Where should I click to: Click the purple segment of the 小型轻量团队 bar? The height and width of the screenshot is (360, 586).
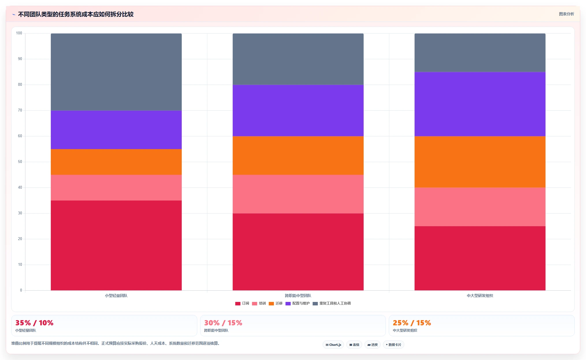click(x=116, y=130)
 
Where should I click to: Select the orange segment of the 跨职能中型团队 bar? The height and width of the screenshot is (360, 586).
click(x=298, y=155)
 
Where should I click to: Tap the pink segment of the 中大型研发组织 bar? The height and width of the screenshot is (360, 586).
click(x=480, y=207)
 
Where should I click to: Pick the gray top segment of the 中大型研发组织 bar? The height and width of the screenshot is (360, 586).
click(x=480, y=53)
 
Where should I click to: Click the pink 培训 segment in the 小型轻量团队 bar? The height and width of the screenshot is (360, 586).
click(x=116, y=188)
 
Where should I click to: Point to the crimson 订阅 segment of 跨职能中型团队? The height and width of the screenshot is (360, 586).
click(x=298, y=252)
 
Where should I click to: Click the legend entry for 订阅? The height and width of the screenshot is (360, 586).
click(x=242, y=303)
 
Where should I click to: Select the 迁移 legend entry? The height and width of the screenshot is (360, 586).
click(x=276, y=303)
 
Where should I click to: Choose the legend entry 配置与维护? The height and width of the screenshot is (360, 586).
click(x=297, y=303)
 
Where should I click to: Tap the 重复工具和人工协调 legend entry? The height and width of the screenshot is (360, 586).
click(x=332, y=303)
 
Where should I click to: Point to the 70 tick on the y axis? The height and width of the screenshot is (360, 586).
click(x=20, y=110)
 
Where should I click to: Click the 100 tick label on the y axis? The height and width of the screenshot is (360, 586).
click(x=19, y=33)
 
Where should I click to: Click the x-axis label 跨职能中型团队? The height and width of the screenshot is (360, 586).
click(x=298, y=296)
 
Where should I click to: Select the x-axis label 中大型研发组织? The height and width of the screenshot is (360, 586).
click(x=480, y=296)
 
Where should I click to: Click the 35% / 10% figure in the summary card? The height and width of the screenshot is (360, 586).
click(x=34, y=323)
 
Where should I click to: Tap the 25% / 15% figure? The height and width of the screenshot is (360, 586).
click(x=412, y=323)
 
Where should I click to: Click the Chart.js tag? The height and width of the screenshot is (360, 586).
click(x=333, y=345)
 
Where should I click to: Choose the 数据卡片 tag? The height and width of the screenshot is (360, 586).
click(x=393, y=345)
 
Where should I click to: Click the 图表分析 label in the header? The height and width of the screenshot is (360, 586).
click(x=566, y=14)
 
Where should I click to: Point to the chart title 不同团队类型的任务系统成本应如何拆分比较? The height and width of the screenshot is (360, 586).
click(x=76, y=14)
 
